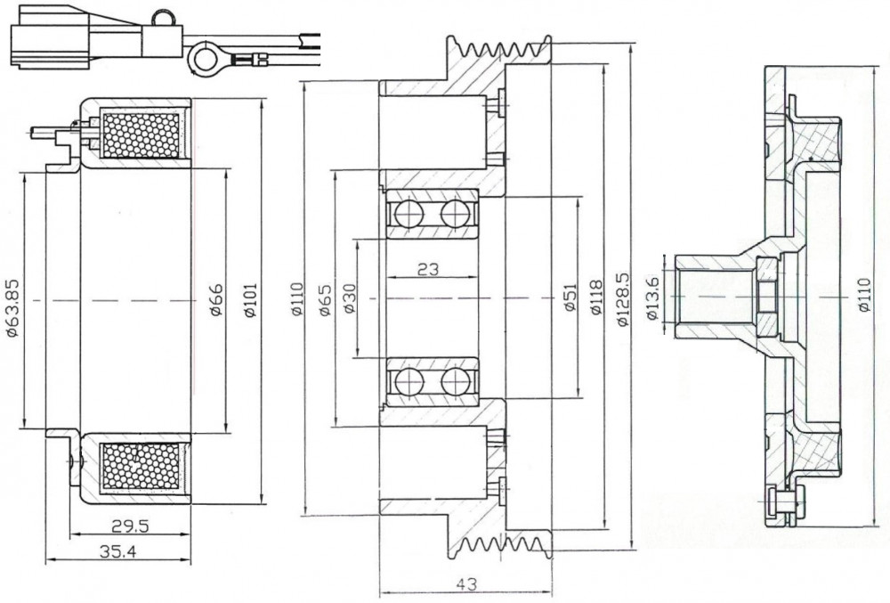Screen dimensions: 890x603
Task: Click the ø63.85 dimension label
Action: pos(13,307)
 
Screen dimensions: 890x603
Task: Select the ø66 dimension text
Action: pos(215,299)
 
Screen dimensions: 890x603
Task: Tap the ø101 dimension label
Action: pos(249,300)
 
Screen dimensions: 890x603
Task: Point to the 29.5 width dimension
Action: pos(130,526)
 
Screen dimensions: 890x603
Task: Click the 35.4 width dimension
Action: pos(118,550)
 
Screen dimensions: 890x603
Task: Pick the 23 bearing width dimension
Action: pos(428,269)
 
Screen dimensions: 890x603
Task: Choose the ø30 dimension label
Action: pos(350,298)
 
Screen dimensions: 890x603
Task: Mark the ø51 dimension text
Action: pos(570,297)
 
